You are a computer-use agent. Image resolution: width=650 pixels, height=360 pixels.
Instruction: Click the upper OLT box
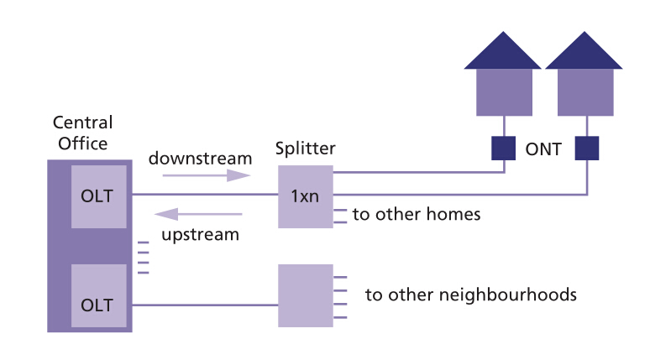pos(98,196)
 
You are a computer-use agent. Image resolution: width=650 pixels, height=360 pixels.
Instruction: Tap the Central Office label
pos(81,133)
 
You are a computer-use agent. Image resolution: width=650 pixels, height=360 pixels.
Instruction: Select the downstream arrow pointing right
pos(206,175)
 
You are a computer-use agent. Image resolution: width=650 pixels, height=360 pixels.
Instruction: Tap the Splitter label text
pos(306,149)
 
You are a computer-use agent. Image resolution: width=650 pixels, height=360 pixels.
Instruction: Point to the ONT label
pos(544,149)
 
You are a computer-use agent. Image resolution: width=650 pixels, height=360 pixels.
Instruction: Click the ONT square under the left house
pos(504,149)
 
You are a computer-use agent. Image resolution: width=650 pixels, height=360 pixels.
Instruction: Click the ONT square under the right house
pos(586,149)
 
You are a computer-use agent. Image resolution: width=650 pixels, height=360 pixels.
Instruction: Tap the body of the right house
pos(586,91)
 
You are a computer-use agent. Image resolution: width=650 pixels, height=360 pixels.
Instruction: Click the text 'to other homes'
pos(417,215)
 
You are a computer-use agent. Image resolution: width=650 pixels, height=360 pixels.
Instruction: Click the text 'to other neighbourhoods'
pos(470,295)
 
